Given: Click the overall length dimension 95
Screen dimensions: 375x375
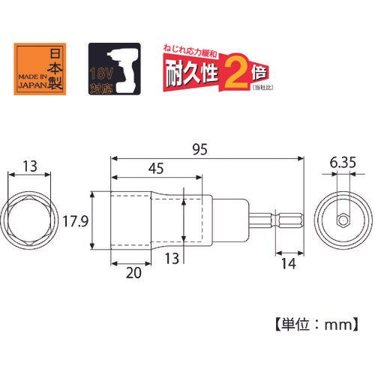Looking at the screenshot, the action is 200,149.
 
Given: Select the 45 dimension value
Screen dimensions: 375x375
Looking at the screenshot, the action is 156,168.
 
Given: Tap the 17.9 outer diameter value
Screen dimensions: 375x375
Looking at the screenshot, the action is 75,221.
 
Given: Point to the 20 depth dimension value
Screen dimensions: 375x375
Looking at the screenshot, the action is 133,273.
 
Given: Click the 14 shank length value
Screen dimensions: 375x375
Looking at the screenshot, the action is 289,263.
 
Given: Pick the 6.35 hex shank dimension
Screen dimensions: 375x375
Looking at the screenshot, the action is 343,163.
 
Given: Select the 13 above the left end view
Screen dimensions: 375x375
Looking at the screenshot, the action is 30,166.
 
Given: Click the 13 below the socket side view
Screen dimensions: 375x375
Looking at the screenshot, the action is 172,258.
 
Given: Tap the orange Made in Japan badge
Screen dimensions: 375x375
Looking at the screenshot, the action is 40,69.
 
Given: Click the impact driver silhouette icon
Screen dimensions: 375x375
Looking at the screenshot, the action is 122,70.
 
